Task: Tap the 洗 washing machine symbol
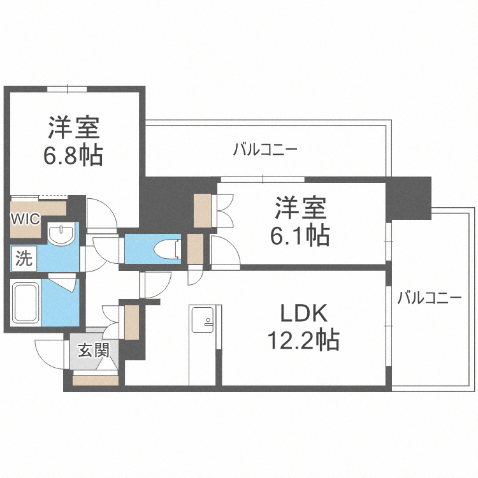point(24,259)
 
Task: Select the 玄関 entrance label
point(93,350)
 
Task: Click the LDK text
point(303,314)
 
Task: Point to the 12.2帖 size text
point(303,341)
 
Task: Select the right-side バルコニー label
point(429,298)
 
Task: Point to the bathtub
point(26,303)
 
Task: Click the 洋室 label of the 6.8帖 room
point(74,127)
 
